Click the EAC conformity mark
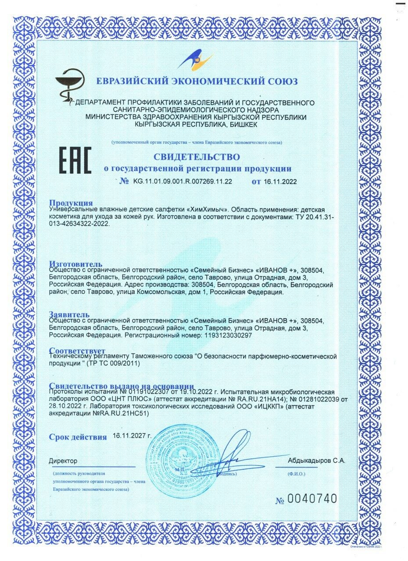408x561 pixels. point(75,161)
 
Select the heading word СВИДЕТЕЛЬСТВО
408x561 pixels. point(197,157)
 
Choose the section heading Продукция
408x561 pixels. point(71,202)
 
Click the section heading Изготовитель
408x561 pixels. point(76,264)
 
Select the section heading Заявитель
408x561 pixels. point(69,314)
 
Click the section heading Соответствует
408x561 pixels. point(77,351)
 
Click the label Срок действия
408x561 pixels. point(78,437)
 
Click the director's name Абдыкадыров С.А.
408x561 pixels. point(317,461)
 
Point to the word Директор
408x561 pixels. point(63,461)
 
